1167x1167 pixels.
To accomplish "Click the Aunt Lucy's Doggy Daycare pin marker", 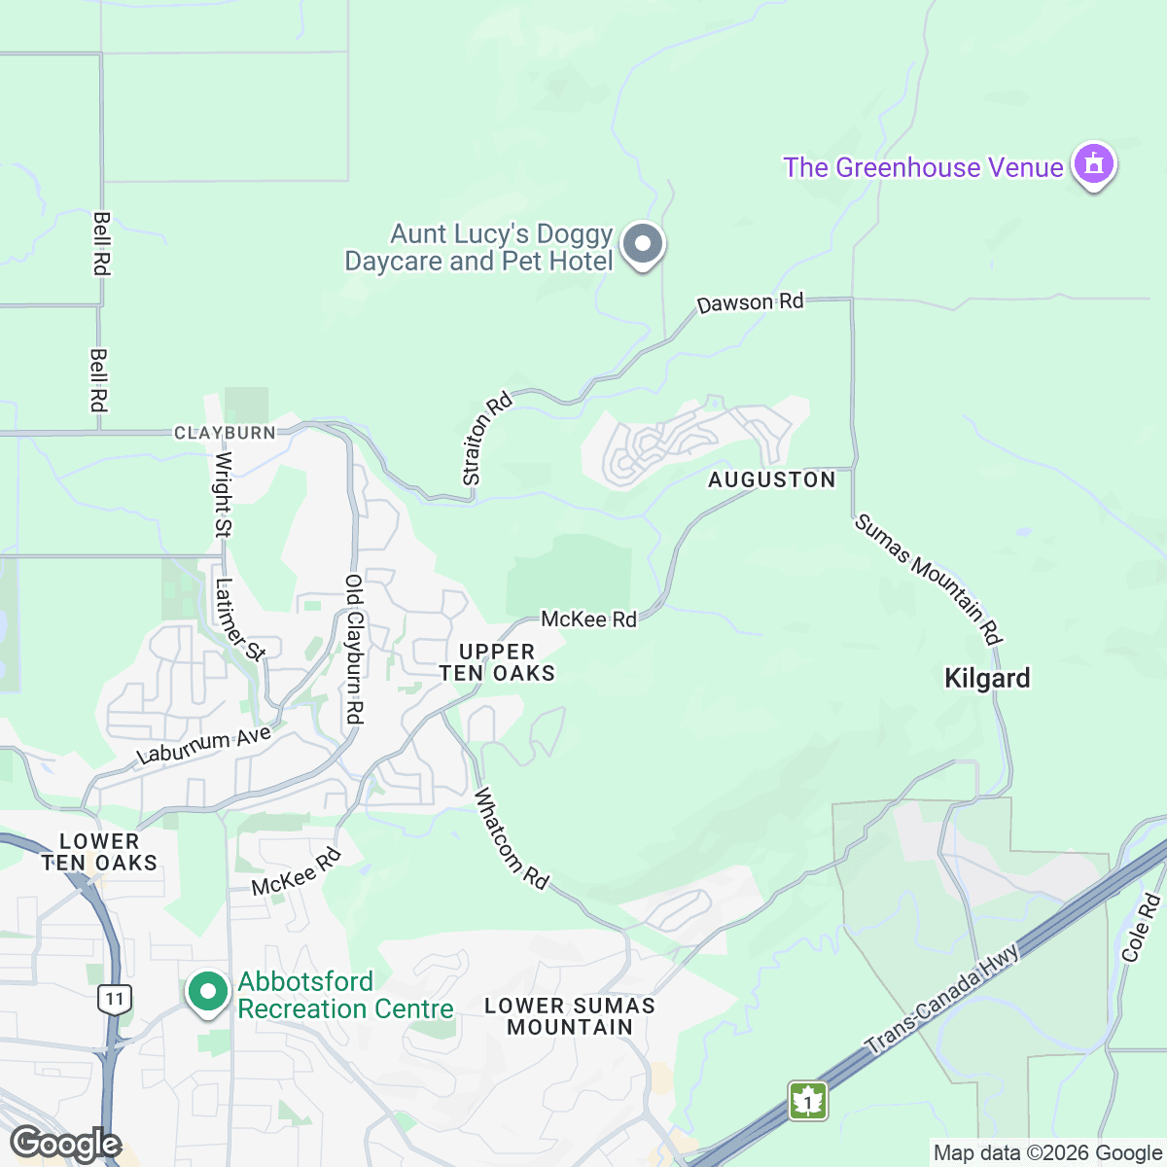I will coord(642,244).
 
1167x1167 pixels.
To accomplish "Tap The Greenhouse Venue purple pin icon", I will coord(1093,165).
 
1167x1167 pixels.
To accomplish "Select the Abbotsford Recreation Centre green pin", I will coord(207,993).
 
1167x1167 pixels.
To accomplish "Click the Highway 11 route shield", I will coord(115,998).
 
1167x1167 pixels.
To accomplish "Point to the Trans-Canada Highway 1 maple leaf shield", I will coord(807,1101).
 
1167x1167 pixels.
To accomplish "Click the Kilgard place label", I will coord(987,678).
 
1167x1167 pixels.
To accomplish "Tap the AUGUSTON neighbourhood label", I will coord(771,479).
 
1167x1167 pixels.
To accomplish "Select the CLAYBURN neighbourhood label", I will coord(225,433).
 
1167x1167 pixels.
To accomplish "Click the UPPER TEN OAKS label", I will coord(497,662).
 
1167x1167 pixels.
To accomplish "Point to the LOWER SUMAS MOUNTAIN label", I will coord(570,1016).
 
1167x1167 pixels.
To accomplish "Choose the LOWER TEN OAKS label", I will coord(99,852).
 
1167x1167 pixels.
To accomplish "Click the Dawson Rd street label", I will coord(750,302).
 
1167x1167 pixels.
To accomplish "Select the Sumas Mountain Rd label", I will coord(929,579).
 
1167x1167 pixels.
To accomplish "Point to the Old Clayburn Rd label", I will coord(354,649).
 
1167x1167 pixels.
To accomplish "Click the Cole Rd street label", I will coord(1142,929).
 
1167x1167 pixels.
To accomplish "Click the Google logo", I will coord(65,1144).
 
